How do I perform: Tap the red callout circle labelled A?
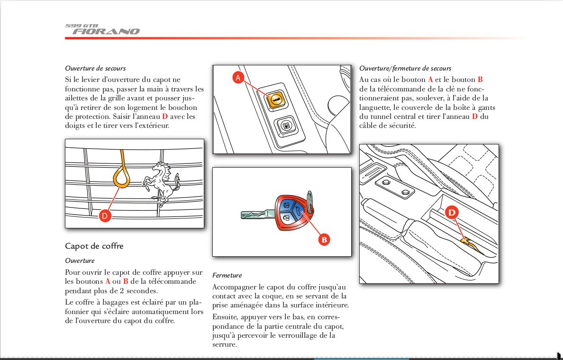pos(238,77)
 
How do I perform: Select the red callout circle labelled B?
pos(324,240)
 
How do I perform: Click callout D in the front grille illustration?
pos(105,216)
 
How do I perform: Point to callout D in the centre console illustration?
pos(451,213)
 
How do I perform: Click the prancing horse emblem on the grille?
pos(163,183)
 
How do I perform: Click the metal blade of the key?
pos(256,215)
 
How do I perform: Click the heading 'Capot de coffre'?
pos(94,246)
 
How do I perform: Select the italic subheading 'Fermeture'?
pos(227,275)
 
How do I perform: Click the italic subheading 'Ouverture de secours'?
pos(95,68)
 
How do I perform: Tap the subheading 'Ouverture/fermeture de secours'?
pos(405,68)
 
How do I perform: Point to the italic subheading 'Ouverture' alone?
pos(80,261)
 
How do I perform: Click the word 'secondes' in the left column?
pos(142,291)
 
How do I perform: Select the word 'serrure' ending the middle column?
pos(225,344)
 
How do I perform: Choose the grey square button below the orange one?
pos(286,126)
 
